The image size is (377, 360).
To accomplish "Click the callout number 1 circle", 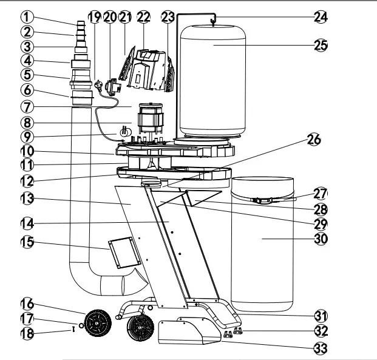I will [x=25, y=16].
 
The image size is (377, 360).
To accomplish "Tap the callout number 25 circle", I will [x=321, y=46].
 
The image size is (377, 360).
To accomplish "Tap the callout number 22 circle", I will [x=143, y=17].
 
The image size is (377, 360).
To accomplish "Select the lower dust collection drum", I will [x=262, y=243].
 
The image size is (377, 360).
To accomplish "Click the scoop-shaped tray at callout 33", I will [x=185, y=333].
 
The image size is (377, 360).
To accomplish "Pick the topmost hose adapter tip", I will [x=80, y=24].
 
